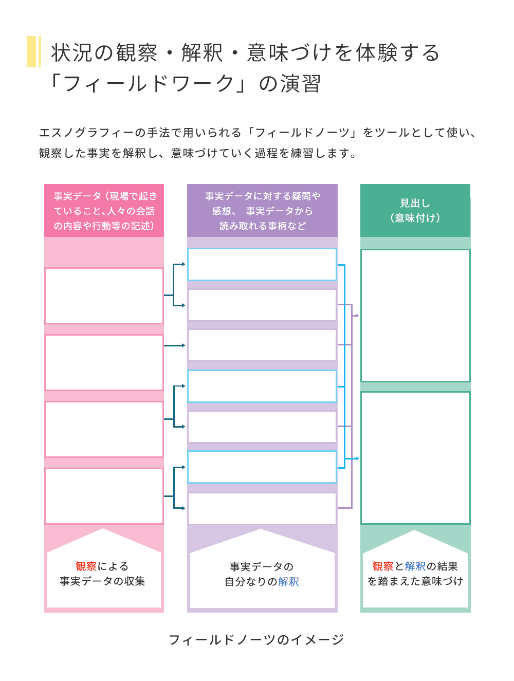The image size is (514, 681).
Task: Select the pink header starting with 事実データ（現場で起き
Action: (104, 211)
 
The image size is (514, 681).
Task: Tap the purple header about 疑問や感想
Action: (262, 211)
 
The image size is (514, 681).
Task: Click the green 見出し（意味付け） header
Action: (415, 210)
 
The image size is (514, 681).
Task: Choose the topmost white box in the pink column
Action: (104, 296)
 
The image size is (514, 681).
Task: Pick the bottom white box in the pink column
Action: (104, 496)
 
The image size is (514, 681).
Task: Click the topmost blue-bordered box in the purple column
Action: (262, 265)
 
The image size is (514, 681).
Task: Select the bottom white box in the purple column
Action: (262, 508)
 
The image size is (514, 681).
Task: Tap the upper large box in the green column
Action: (415, 316)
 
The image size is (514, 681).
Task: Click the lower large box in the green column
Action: (415, 458)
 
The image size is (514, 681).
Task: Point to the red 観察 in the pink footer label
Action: (86, 566)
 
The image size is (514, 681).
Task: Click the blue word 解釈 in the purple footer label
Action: (288, 582)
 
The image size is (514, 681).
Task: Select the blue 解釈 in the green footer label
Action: (415, 566)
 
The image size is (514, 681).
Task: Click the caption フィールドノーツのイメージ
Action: (256, 640)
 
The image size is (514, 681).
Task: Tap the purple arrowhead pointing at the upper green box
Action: (357, 316)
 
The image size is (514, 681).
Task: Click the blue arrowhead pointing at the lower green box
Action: (357, 458)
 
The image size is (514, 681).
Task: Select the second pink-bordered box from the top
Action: (104, 362)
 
